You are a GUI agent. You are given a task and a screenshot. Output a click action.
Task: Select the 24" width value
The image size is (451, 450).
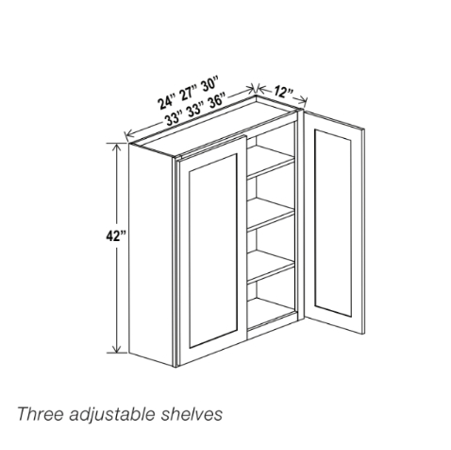pos(172,102)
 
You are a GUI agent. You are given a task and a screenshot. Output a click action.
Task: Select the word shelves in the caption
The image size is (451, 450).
pos(195,413)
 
